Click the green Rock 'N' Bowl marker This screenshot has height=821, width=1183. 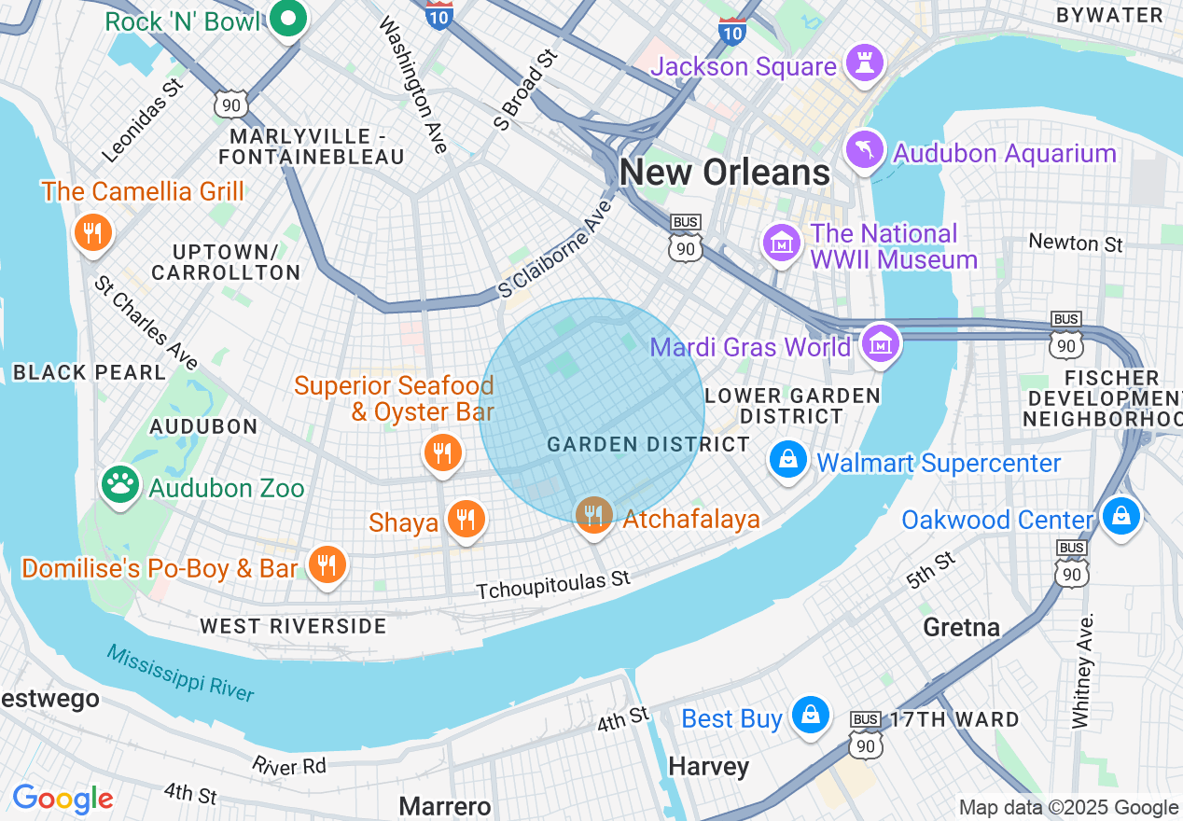pyautogui.click(x=288, y=18)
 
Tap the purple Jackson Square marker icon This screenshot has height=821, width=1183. pyautogui.click(x=864, y=63)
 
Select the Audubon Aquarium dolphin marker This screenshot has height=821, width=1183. pyautogui.click(x=864, y=149)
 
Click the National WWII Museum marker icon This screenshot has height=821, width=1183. pyautogui.click(x=782, y=243)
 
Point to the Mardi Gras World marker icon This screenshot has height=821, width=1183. pyautogui.click(x=881, y=343)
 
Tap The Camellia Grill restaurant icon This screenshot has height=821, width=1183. pyautogui.click(x=91, y=232)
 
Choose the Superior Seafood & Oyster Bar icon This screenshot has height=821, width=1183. pyautogui.click(x=442, y=453)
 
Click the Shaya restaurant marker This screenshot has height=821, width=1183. pyautogui.click(x=466, y=519)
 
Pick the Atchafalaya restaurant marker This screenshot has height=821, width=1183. pyautogui.click(x=593, y=513)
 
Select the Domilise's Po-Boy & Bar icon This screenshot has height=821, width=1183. pyautogui.click(x=327, y=565)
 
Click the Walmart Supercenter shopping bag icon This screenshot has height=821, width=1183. pyautogui.click(x=788, y=459)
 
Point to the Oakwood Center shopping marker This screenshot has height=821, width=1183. pyautogui.click(x=1120, y=516)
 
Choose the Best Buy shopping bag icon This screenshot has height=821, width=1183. pyautogui.click(x=810, y=716)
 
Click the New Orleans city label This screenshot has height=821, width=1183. pyautogui.click(x=725, y=173)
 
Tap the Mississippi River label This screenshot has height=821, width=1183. pyautogui.click(x=179, y=673)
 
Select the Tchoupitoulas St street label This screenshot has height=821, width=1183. pyautogui.click(x=553, y=585)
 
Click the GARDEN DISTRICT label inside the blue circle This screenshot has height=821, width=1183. pyautogui.click(x=648, y=444)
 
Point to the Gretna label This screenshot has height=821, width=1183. pyautogui.click(x=961, y=626)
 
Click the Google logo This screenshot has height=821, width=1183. pyautogui.click(x=63, y=799)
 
